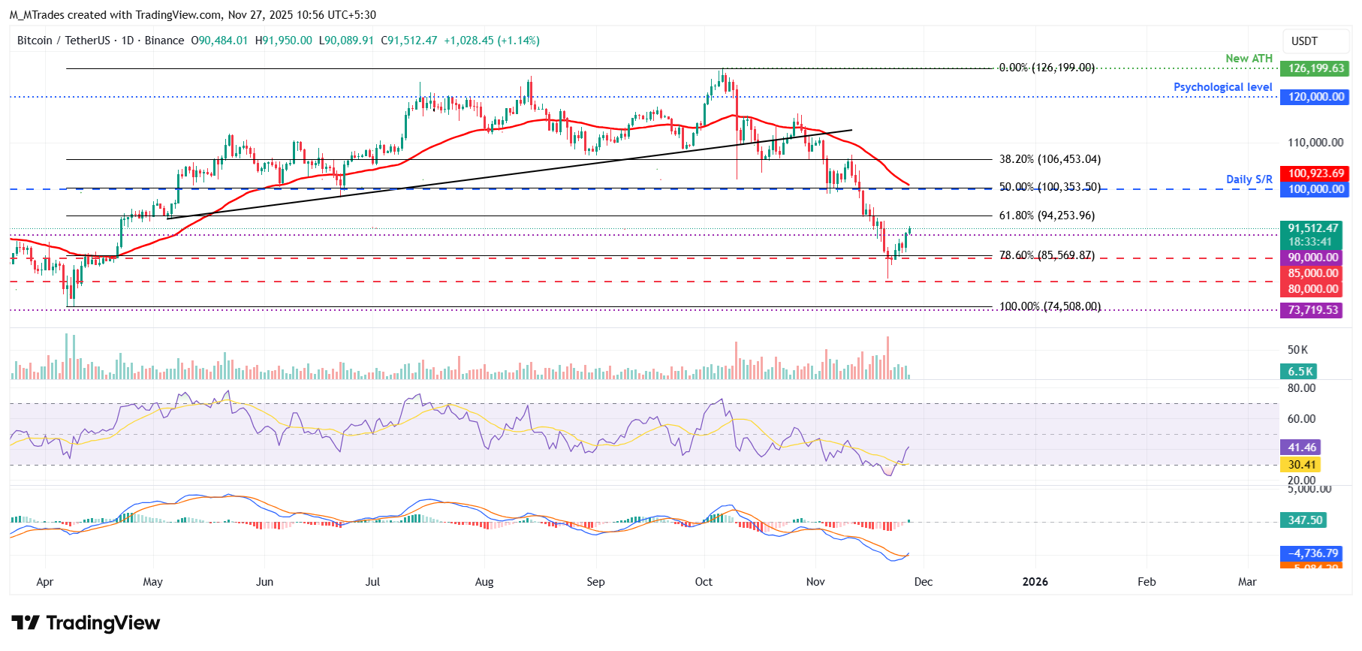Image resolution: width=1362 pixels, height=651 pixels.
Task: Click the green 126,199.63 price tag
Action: (1314, 68)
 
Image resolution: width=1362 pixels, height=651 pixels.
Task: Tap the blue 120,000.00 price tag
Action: (1314, 97)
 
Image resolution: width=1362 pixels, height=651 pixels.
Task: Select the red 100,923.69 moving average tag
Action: (1314, 173)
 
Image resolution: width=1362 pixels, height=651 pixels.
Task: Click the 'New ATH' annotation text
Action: (1249, 59)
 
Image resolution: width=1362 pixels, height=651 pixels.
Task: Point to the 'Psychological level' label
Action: (1222, 87)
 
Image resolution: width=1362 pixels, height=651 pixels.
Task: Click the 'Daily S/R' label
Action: (1249, 179)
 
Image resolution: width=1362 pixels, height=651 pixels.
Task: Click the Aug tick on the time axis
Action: (484, 582)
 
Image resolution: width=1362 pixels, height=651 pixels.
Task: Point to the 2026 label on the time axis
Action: (1035, 582)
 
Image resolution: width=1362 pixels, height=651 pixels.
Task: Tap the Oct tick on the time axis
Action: (704, 582)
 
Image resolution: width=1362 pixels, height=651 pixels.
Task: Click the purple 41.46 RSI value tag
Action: (1301, 448)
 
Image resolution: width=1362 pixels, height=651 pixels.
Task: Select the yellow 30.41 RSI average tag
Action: (1301, 465)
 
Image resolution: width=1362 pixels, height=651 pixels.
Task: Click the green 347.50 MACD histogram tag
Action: (1304, 520)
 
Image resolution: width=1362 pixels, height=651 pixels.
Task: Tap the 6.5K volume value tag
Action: (1300, 372)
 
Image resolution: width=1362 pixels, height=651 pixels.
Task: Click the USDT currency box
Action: (1304, 41)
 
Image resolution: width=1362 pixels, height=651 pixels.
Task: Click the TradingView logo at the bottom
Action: (86, 623)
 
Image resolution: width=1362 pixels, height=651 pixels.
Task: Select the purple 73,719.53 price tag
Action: (1312, 310)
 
